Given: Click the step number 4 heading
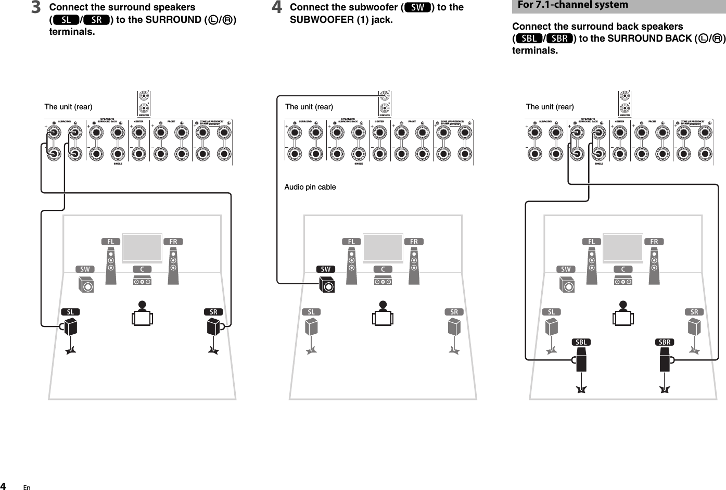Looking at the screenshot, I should pos(278,8).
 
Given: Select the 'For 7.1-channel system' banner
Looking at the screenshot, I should pos(572,5).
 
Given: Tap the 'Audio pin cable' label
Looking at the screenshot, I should pos(310,187).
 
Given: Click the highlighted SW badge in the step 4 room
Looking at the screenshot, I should pos(325,269).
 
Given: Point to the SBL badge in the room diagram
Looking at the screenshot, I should pos(581,342).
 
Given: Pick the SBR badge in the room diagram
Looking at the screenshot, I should pos(665,342).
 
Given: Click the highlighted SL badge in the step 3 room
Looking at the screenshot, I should pos(70,312).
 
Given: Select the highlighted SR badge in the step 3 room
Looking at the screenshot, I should pos(213,312).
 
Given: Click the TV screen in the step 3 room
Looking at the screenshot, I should pos(142,248).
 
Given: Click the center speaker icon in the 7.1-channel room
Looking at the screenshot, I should pos(623,281).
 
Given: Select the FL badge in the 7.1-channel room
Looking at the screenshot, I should pos(592,242).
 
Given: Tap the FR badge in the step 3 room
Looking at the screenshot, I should pos(173,242).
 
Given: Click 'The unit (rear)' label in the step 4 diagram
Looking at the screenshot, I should pos(309,107).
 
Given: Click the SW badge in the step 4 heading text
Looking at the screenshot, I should pos(417,7).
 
